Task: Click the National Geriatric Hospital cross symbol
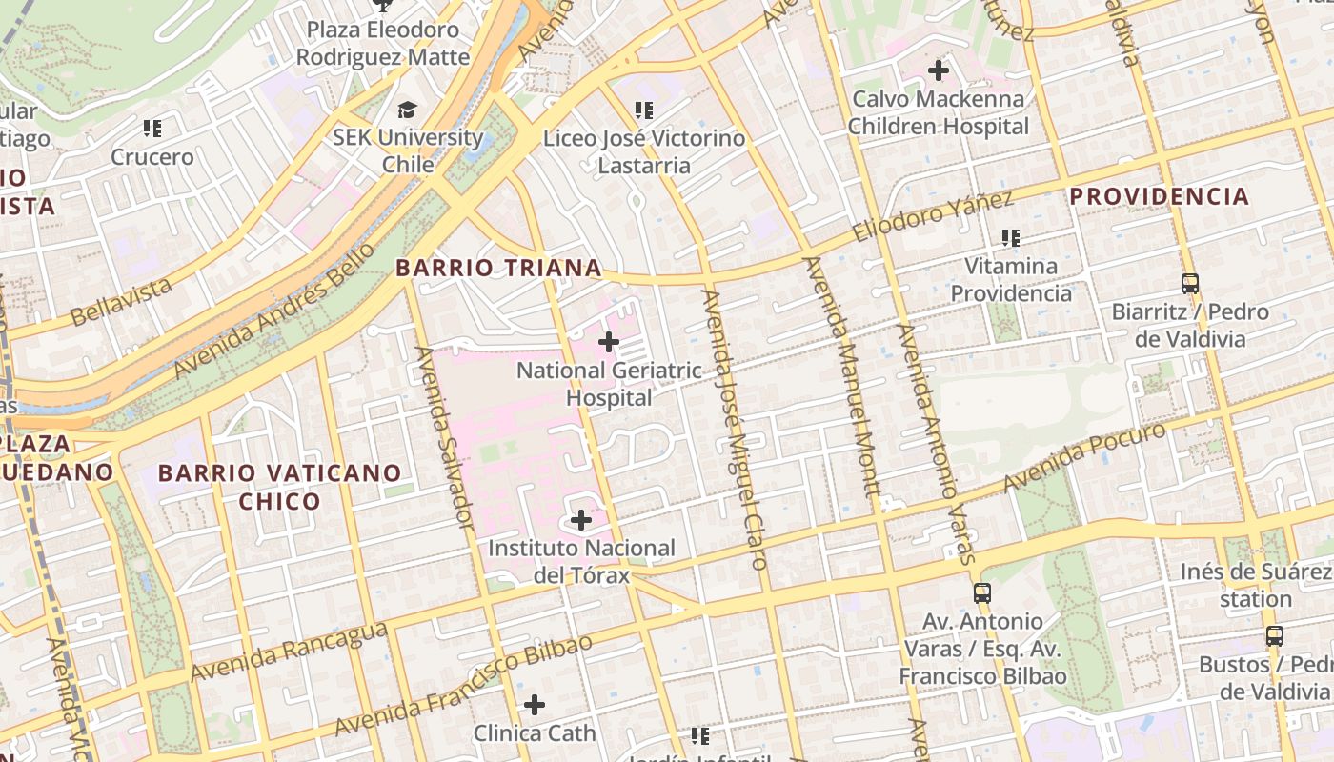609,342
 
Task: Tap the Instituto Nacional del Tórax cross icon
581,520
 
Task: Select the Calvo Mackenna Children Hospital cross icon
939,70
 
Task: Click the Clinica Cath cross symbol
535,705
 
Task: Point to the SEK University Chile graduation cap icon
408,110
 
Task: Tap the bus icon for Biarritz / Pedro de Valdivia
1189,283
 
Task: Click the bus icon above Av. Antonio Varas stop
982,593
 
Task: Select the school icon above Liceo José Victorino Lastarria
644,110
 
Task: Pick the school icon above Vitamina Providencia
1011,237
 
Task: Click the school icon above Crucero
152,128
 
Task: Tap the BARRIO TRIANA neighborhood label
498,268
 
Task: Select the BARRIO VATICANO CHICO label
279,487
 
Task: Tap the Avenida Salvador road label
444,436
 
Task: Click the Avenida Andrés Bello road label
274,310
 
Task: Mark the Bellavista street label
121,300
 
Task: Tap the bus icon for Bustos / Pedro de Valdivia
1274,635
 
